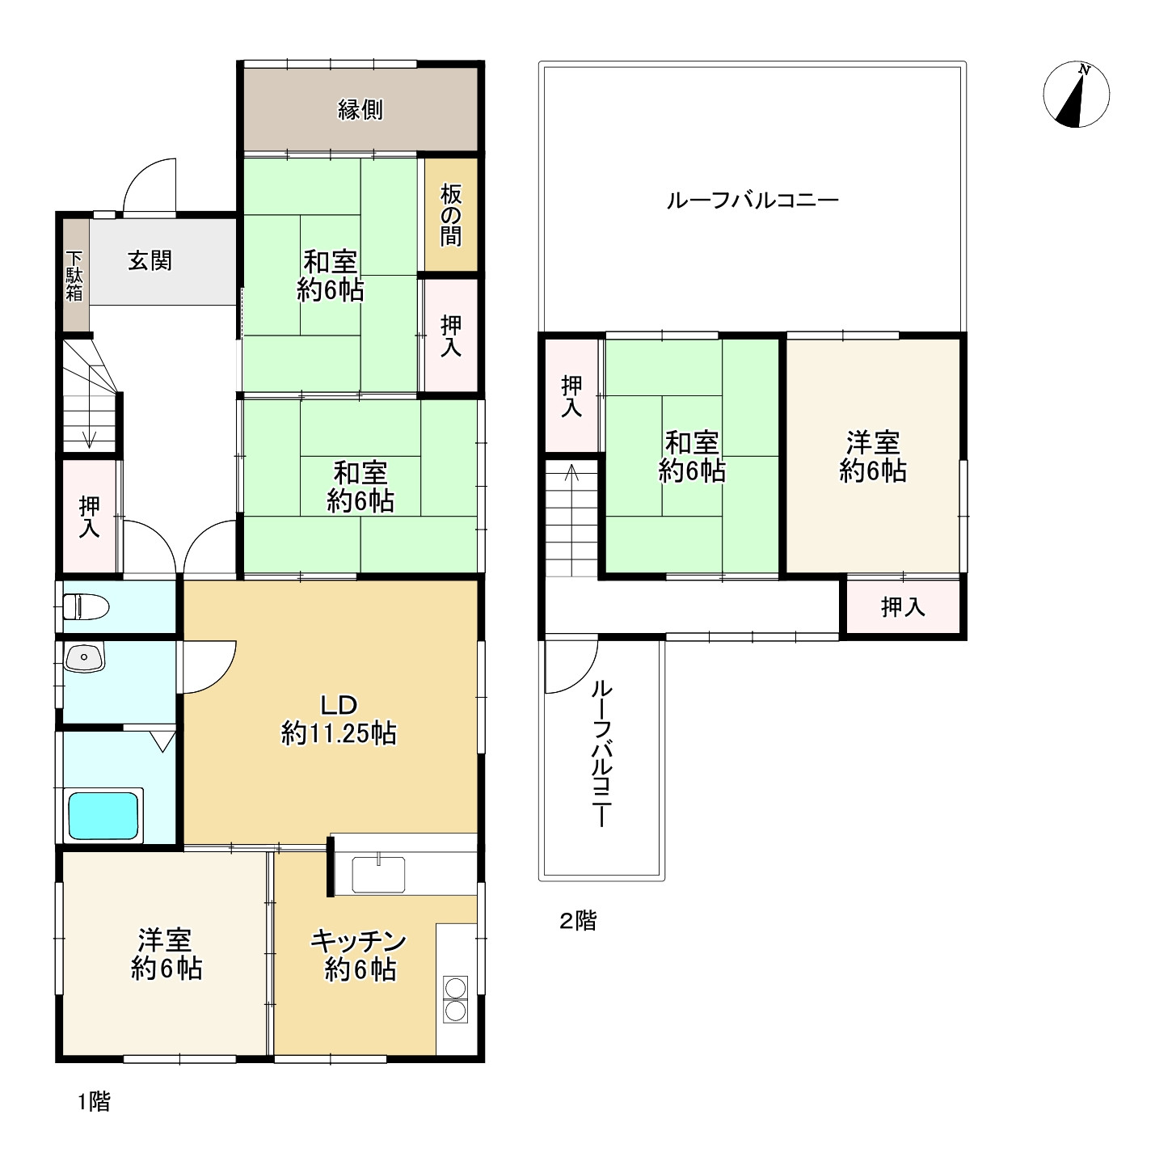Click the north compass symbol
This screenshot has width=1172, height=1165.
click(x=1076, y=95)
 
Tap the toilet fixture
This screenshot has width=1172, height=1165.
click(x=86, y=606)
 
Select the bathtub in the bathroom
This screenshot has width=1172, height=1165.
click(x=103, y=815)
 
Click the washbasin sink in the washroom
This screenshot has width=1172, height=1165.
click(x=85, y=657)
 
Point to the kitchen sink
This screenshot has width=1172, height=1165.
click(x=378, y=874)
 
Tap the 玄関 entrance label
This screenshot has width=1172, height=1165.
click(x=150, y=260)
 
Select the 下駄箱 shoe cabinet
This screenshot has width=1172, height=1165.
click(x=76, y=275)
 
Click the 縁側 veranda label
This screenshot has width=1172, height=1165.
click(x=360, y=109)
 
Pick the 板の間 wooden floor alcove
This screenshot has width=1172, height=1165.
click(x=451, y=215)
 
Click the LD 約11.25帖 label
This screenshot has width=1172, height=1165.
click(x=339, y=720)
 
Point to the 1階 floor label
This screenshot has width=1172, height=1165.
click(x=95, y=1101)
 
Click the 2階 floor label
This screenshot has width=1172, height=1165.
click(x=578, y=920)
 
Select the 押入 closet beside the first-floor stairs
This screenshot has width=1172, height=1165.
click(x=90, y=516)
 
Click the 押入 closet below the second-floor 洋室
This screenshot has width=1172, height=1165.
click(x=903, y=606)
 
